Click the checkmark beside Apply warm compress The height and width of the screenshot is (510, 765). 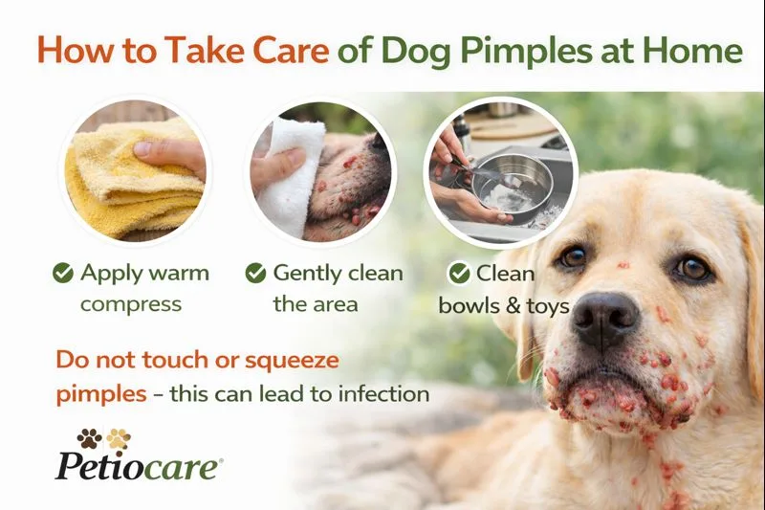tap(63, 274)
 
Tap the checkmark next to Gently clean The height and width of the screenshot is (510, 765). tap(255, 274)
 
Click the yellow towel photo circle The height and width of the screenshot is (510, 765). tap(133, 173)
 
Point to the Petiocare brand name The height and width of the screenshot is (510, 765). tap(139, 467)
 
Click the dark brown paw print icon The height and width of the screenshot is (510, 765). tap(89, 438)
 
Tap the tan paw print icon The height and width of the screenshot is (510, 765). tap(119, 438)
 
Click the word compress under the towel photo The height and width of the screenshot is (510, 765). tap(130, 305)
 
